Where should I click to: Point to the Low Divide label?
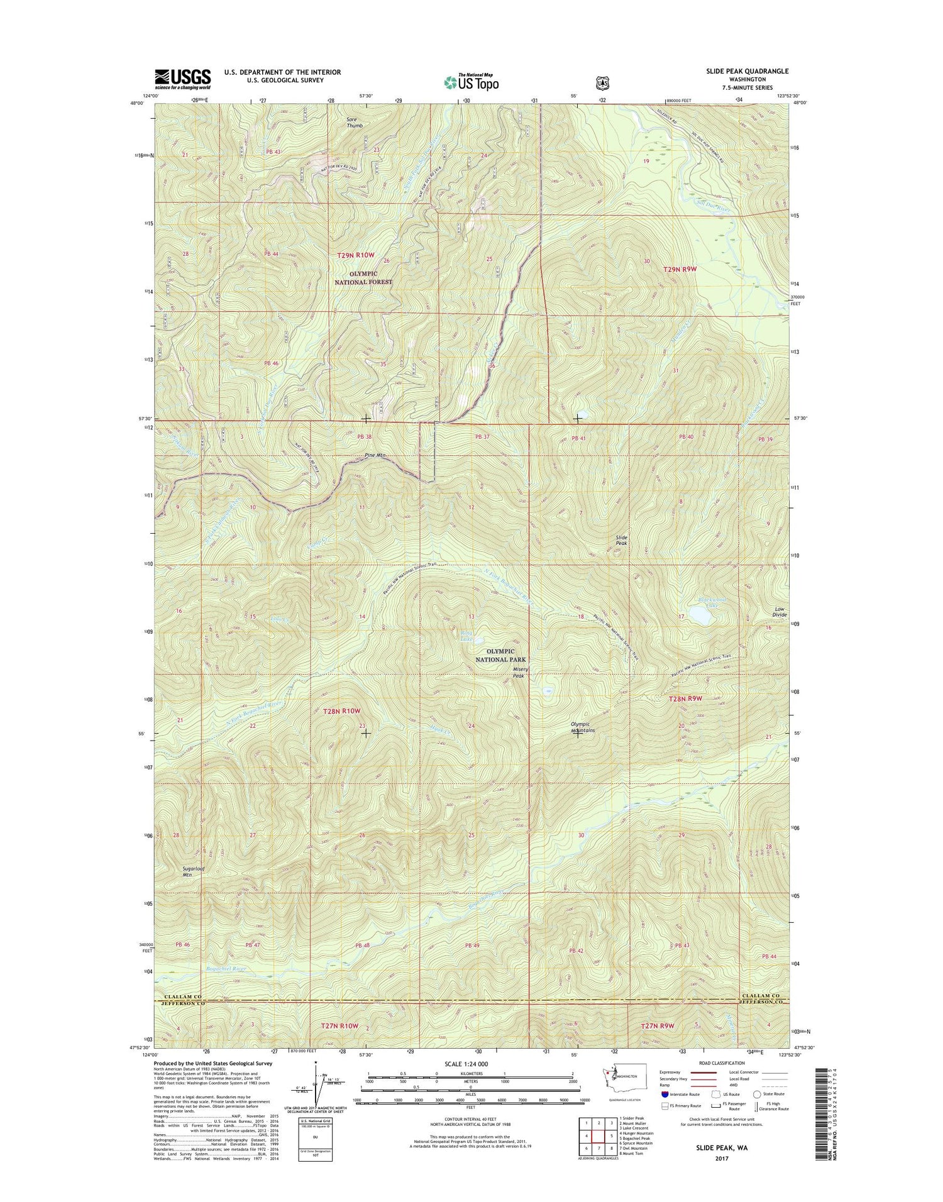click(779, 612)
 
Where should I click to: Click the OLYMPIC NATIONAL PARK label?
click(500, 655)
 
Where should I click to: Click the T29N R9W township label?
click(680, 269)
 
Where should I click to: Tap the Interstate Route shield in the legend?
click(665, 1094)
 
